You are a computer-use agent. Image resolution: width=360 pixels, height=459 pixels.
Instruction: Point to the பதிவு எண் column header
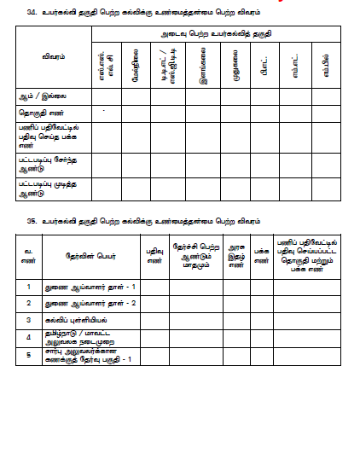coord(154,255)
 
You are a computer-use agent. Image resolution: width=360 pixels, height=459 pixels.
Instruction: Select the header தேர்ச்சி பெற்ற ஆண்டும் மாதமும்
coord(196,255)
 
